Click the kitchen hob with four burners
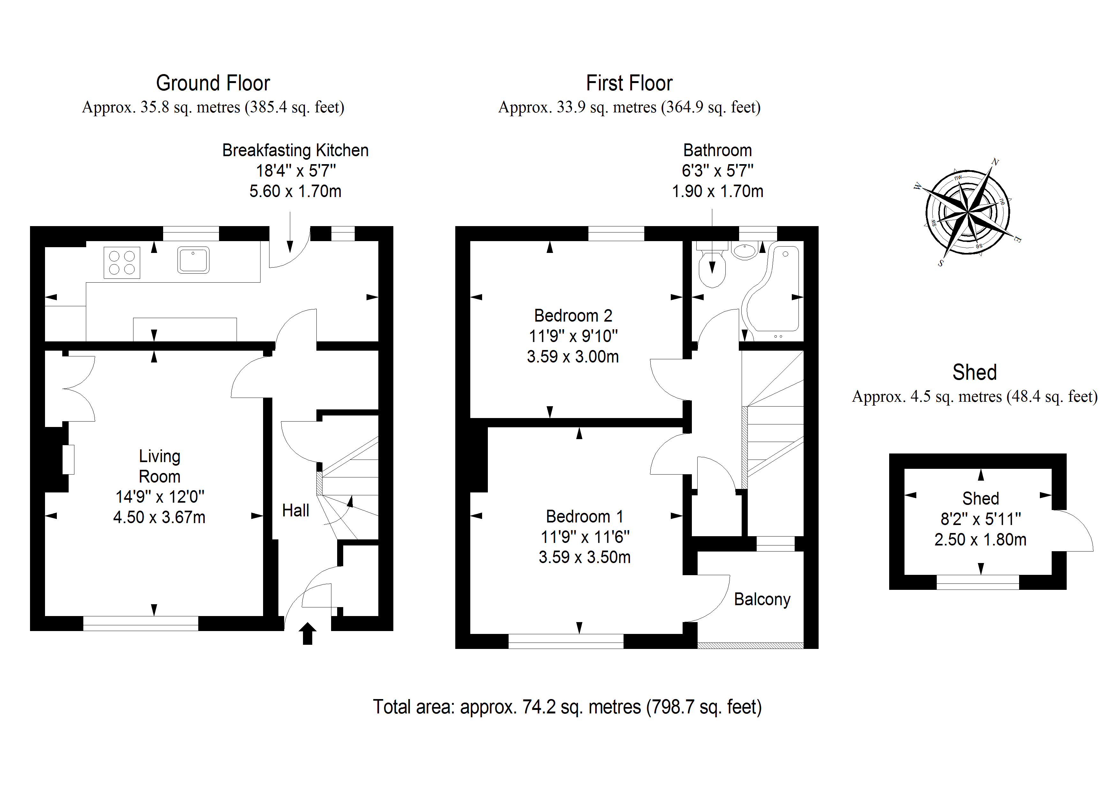[122, 263]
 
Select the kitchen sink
[193, 260]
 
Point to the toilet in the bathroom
[712, 269]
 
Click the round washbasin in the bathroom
[745, 251]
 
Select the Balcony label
[762, 599]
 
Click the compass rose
[968, 213]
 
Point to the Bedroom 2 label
[573, 316]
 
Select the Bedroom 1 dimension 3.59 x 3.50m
[584, 557]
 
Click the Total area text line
[567, 707]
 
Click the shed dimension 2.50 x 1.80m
[980, 540]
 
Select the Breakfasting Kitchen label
[295, 150]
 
